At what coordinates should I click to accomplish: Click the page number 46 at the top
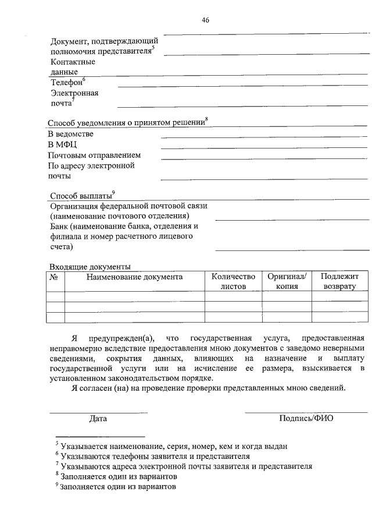205,20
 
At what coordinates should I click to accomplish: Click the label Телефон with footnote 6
67,83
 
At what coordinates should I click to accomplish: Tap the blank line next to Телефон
242,86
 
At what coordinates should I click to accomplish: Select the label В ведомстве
70,135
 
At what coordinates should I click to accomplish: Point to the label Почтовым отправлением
94,155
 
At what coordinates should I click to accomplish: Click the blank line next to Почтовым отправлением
264,158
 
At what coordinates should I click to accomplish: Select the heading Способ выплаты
83,195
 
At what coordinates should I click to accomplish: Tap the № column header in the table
54,277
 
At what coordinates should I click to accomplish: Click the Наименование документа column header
134,277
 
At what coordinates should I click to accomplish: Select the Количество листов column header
233,281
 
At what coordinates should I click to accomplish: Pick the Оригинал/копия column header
287,281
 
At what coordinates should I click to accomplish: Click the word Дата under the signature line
98,418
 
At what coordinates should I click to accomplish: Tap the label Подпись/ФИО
306,418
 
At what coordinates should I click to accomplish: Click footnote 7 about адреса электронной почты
184,466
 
